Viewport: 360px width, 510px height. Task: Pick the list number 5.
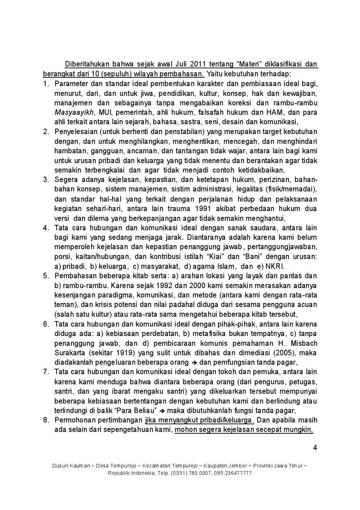(46, 276)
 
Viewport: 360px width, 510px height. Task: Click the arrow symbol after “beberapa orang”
(194, 363)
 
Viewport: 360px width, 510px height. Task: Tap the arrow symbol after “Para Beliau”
(162, 411)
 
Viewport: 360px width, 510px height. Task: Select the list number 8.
(46, 420)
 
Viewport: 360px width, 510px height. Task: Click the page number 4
(315, 448)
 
